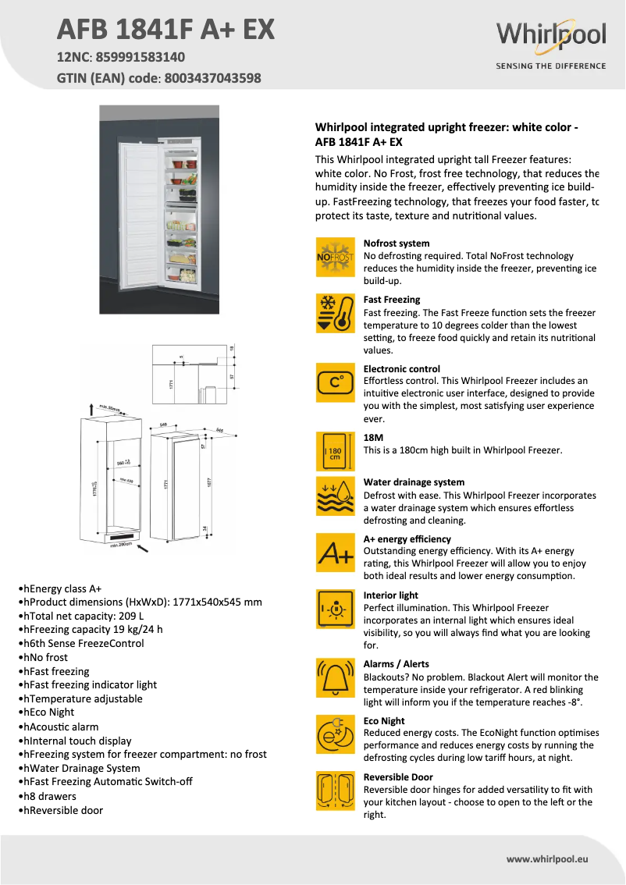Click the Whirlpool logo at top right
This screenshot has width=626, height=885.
[x=550, y=36]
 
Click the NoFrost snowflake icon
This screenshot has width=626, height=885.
[x=335, y=257]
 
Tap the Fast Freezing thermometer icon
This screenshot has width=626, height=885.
[x=335, y=313]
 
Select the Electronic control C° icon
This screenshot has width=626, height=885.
[x=335, y=382]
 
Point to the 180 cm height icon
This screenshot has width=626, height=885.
[x=335, y=451]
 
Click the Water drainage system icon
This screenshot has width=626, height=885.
[x=335, y=496]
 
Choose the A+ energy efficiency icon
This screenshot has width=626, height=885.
[x=335, y=553]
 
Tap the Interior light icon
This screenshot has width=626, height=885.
[x=335, y=609]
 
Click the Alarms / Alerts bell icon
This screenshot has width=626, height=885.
[x=335, y=677]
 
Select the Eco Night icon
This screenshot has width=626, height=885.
[x=335, y=734]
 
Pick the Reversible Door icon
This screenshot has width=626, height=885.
[x=335, y=790]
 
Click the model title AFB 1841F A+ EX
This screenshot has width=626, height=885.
[x=166, y=30]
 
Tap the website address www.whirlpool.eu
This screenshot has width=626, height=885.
[x=547, y=859]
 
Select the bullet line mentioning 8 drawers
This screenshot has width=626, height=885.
[x=50, y=796]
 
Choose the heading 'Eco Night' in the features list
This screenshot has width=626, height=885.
[x=384, y=720]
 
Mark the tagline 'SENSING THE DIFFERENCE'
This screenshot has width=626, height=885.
[x=550, y=66]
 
